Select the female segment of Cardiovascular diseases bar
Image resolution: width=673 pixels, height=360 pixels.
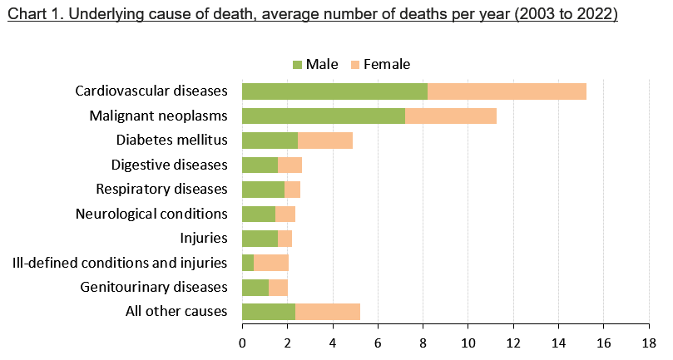click(507, 91)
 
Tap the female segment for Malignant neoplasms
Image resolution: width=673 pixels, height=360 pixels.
click(450, 116)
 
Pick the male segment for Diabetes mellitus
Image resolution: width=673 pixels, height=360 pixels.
click(270, 141)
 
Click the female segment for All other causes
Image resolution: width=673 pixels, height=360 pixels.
click(327, 312)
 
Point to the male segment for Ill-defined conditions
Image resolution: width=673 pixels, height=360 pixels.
click(248, 263)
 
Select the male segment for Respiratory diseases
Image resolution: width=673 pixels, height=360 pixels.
click(263, 190)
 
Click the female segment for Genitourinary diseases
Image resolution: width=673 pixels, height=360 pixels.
click(278, 288)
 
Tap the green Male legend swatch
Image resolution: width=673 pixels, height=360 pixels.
click(298, 65)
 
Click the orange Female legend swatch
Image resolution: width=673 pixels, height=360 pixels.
click(355, 65)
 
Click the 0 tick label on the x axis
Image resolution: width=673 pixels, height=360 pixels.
click(242, 342)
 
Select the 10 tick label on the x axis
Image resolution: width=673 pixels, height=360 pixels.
click(468, 342)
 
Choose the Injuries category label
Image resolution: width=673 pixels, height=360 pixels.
click(204, 239)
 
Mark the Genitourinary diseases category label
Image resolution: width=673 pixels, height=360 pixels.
click(154, 288)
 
